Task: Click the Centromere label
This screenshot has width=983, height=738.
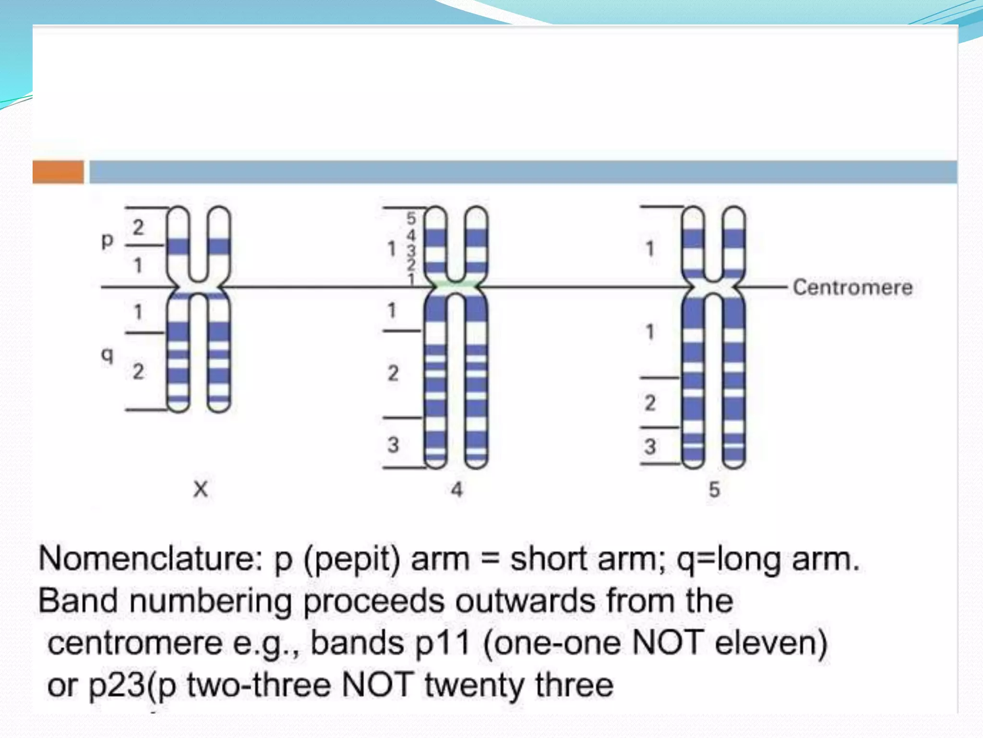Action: [852, 287]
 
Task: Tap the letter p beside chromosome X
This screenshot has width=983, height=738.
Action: [108, 240]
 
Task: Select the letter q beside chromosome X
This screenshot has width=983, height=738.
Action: [108, 355]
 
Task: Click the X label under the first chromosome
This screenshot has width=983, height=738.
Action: [201, 490]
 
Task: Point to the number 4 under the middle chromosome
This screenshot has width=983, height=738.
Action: [456, 490]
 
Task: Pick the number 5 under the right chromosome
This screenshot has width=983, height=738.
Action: [714, 490]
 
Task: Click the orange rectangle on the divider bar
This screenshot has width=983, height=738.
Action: [58, 172]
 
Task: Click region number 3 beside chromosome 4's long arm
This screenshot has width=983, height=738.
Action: [393, 445]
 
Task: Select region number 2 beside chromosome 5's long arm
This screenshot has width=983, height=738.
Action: [650, 403]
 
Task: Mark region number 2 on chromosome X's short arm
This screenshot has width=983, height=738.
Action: [138, 227]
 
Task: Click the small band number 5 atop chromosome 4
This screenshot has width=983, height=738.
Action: [411, 218]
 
